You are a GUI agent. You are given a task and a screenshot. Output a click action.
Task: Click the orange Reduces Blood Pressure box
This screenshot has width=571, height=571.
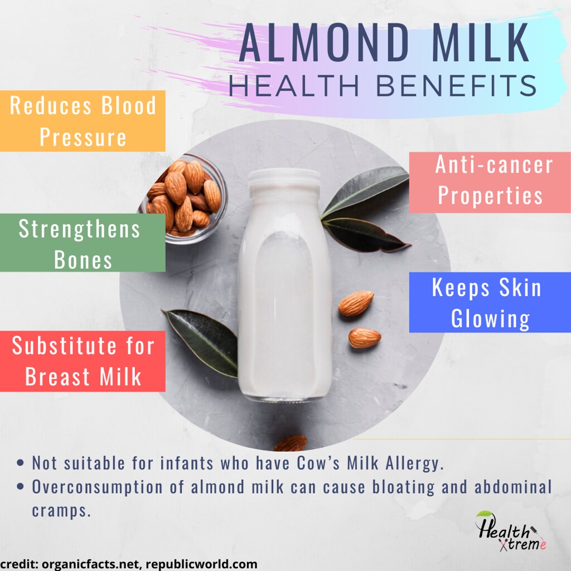click(x=83, y=121)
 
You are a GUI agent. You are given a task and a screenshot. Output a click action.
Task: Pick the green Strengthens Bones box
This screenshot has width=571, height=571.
click(x=83, y=243)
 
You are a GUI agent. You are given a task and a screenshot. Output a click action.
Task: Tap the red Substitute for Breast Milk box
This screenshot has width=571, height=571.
click(x=83, y=361)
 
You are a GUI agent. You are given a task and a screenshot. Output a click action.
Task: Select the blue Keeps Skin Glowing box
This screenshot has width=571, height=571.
click(x=490, y=303)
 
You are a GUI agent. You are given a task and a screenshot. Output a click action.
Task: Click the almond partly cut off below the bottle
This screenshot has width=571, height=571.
click(x=291, y=443)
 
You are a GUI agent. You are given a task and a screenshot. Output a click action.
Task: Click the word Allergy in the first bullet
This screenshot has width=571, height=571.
click(x=410, y=463)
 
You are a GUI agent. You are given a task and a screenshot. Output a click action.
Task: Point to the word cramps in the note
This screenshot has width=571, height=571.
click(x=61, y=510)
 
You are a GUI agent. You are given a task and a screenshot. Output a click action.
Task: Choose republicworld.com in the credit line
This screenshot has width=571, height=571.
click(x=202, y=564)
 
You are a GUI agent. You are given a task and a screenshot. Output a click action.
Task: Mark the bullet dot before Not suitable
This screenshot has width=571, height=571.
click(x=21, y=463)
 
